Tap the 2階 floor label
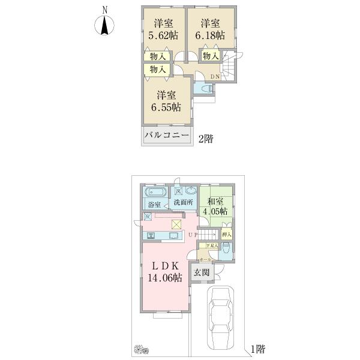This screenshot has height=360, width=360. [x=205, y=139]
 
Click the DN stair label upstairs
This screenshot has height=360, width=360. [x=215, y=77]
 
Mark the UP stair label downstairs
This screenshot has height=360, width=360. [x=193, y=234]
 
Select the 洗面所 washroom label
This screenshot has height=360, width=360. [x=184, y=203]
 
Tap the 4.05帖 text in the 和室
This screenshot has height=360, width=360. [x=215, y=211]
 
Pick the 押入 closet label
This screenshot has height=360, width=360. [x=227, y=234]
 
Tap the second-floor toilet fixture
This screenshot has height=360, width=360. [x=204, y=88]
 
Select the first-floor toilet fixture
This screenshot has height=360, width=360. [x=226, y=249]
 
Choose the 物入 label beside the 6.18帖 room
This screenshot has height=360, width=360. [x=209, y=56]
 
